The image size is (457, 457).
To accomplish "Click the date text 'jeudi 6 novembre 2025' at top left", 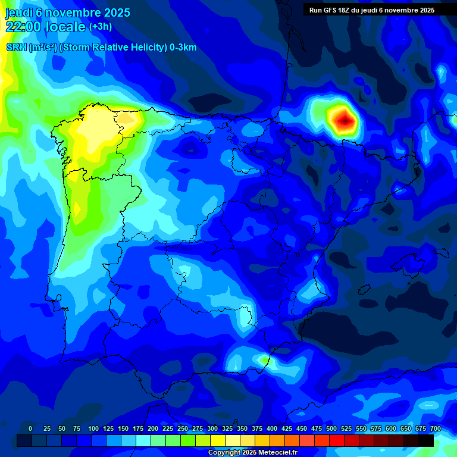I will click(x=67, y=12).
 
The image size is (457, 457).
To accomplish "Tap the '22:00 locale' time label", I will click(x=45, y=26).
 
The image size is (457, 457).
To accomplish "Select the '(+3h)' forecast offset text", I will click(x=100, y=27).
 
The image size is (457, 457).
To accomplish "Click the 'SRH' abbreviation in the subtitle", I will click(x=16, y=48).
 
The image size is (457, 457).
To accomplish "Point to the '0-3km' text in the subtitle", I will click(x=183, y=48).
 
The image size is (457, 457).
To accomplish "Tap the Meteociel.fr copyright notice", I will click(x=252, y=452).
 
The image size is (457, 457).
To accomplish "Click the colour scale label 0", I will click(x=30, y=428).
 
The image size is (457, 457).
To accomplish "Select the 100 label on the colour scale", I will click(x=93, y=428).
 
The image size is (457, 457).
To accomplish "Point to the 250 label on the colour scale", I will click(x=183, y=428).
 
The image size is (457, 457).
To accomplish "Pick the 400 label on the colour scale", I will click(x=272, y=428).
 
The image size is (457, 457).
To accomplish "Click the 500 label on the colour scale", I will click(x=331, y=428).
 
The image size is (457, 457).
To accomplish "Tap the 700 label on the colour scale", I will click(x=435, y=428).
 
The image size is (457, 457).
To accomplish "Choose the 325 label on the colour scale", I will click(x=227, y=428).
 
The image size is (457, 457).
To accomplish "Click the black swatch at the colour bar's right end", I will click(x=426, y=440).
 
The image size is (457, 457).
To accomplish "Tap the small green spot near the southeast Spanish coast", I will click(x=264, y=359).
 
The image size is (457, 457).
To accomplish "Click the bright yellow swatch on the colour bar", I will click(x=218, y=440).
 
